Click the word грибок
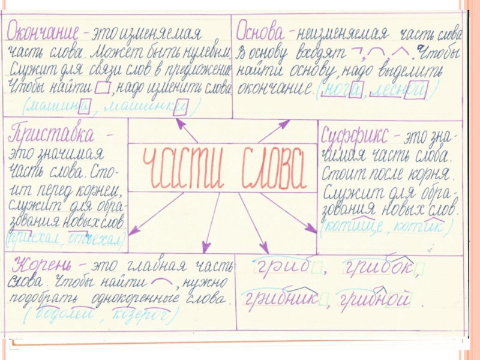[x=378, y=268]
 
